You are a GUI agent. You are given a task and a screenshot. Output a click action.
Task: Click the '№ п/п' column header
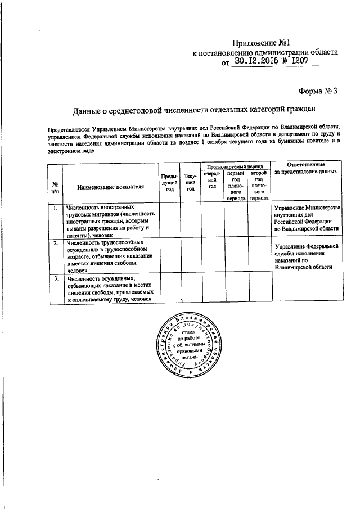coord(55,188)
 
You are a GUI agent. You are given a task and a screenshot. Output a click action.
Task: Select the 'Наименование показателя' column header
coord(111,186)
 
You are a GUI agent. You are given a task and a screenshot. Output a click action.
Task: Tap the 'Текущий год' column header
coord(191,183)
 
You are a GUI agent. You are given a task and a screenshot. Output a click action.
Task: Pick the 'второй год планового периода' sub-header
coord(259,186)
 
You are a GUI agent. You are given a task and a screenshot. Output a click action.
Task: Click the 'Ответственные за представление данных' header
coord(307,168)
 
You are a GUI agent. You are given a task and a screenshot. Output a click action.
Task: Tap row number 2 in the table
coord(55,244)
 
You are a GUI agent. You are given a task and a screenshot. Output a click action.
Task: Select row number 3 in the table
coord(55,278)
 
